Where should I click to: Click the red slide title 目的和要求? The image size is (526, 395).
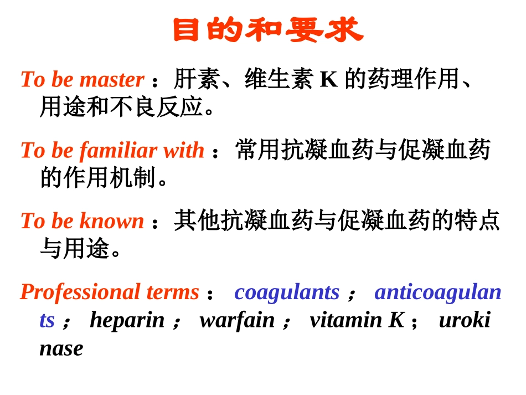pos(267,30)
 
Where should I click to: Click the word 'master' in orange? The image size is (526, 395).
pos(112,80)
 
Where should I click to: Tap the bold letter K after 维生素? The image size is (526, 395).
pos(328,80)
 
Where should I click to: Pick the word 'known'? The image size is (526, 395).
pos(112,221)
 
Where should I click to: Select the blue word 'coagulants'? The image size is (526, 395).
pos(287,292)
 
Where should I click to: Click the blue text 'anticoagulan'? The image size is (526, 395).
pos(438,292)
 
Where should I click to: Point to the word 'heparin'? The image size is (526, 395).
pos(127,320)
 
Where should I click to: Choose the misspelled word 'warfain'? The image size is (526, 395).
pos(237,320)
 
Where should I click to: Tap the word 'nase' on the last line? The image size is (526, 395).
pos(61,348)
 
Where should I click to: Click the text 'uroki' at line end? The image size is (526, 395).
pos(465,320)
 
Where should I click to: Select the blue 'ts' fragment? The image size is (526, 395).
pos(47,320)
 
